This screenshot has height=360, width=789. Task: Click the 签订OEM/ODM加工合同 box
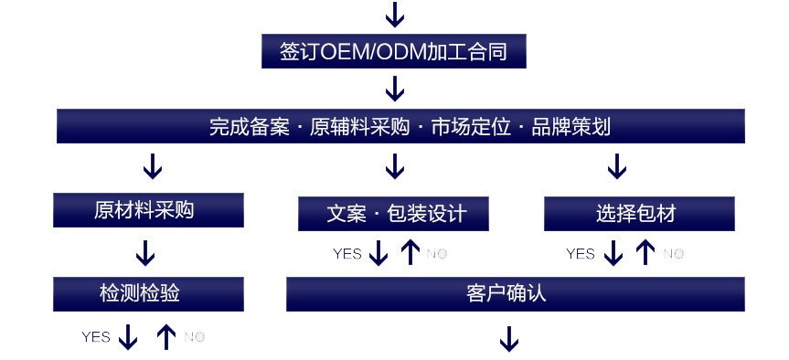(x=394, y=51)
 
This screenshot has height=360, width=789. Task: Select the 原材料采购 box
(x=148, y=210)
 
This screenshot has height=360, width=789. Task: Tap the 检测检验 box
(x=148, y=293)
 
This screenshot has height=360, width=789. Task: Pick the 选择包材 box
(x=639, y=214)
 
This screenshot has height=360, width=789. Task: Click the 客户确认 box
(x=515, y=293)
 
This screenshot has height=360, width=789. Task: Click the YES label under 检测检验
(x=96, y=337)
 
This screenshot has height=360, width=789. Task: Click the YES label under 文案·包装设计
(x=347, y=253)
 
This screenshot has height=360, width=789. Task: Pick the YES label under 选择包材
(x=581, y=253)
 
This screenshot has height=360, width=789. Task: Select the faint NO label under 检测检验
(x=194, y=337)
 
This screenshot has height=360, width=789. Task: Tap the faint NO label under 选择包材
(x=673, y=253)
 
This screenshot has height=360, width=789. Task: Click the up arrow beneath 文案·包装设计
(x=410, y=252)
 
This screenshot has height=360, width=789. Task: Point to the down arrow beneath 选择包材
(x=613, y=253)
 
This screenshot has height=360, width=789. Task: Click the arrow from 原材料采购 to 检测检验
(x=145, y=252)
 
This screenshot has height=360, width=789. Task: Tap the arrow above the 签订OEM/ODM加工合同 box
(x=394, y=15)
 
